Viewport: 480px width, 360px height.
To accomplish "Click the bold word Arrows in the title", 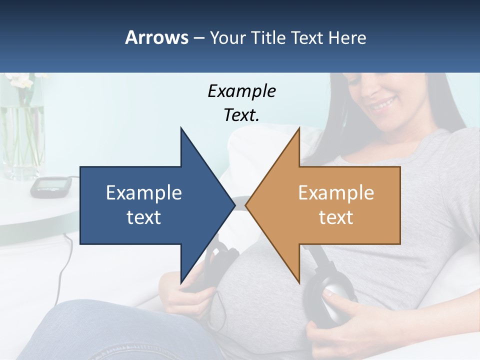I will point(156,37).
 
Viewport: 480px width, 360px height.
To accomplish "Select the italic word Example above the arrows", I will point(241,91).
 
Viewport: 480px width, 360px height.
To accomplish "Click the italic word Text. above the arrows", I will point(241,115).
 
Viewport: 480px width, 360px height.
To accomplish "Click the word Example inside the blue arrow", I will point(144,192).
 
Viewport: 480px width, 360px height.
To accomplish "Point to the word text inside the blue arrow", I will point(144,217).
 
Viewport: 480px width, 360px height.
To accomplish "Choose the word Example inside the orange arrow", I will point(336,192).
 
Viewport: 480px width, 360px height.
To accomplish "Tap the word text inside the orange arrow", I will point(336,217).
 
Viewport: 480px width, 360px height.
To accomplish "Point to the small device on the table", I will point(48,186).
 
